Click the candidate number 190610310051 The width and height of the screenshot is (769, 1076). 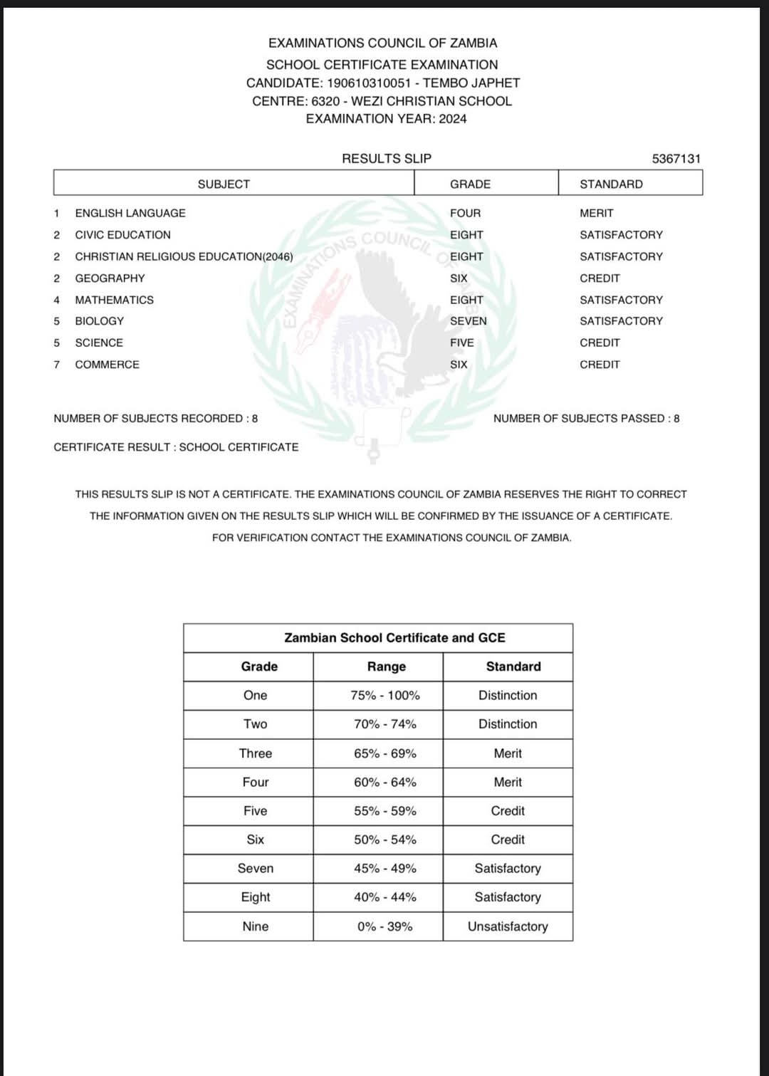click(369, 83)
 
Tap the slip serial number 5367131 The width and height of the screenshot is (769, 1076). click(676, 159)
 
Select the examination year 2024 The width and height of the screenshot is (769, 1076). click(452, 119)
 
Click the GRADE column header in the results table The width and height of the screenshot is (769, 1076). click(470, 184)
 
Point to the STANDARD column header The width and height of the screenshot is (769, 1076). click(611, 184)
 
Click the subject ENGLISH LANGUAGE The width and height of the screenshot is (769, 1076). click(130, 213)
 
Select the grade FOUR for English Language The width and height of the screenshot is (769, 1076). click(465, 213)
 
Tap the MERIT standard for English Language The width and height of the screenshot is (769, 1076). click(596, 213)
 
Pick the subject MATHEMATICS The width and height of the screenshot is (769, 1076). click(114, 300)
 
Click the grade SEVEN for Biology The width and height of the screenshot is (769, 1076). click(468, 321)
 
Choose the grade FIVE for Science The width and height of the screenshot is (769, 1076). click(461, 343)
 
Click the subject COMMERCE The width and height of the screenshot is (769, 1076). click(107, 365)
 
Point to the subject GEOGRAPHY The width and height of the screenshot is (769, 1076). click(110, 278)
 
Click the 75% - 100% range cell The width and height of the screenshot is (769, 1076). click(385, 696)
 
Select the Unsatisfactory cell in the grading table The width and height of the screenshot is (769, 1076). click(508, 926)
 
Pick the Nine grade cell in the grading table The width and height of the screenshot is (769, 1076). click(255, 926)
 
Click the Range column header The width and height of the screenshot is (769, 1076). click(386, 667)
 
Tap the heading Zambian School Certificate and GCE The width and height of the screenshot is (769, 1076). click(394, 638)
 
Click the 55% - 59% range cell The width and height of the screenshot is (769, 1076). click(385, 811)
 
